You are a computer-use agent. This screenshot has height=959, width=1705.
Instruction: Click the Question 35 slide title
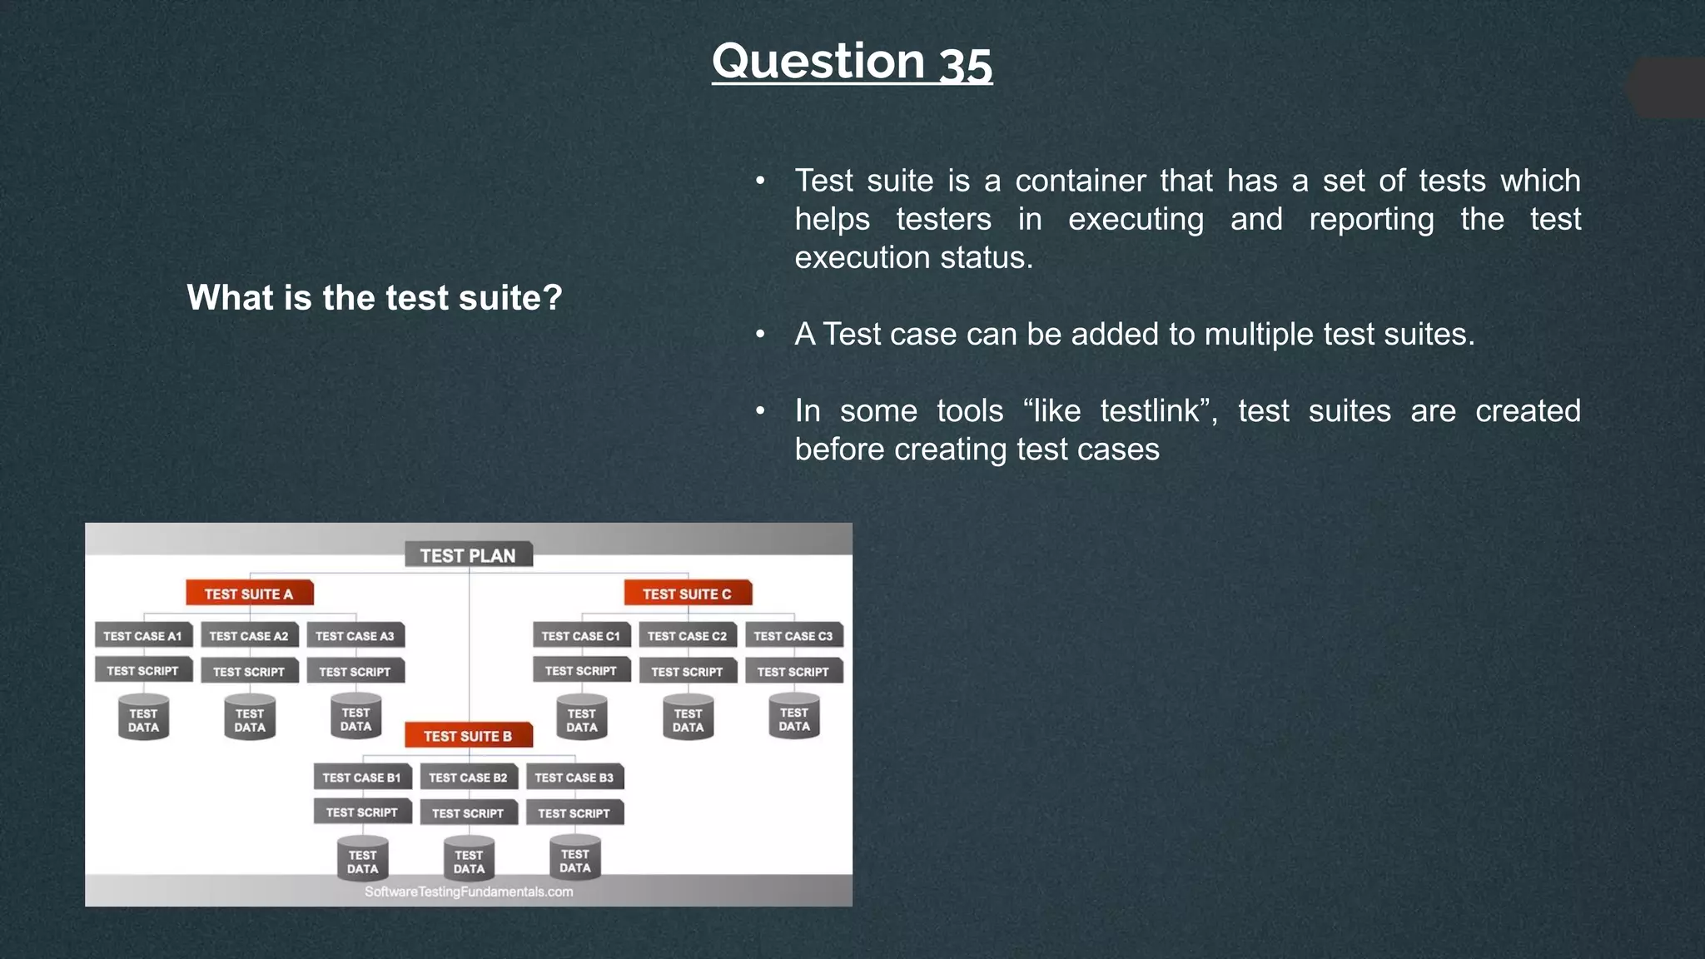[x=852, y=62]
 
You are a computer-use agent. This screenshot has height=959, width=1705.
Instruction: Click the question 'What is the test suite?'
[x=374, y=297]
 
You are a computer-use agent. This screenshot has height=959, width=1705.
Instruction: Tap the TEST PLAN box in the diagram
[x=468, y=555]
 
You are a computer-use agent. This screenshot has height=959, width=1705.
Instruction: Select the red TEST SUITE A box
[x=249, y=594]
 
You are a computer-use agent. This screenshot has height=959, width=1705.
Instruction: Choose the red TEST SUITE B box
[x=468, y=736]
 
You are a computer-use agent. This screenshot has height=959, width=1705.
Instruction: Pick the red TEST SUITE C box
[x=687, y=594]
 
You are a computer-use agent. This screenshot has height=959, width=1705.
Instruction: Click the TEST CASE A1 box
[x=142, y=636]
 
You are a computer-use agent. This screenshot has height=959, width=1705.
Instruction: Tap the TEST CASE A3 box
[x=355, y=636]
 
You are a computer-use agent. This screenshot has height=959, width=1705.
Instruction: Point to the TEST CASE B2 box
[x=468, y=778]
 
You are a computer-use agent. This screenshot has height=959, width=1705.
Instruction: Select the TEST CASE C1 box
[x=580, y=636]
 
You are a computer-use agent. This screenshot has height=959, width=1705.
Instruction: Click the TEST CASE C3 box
[x=793, y=636]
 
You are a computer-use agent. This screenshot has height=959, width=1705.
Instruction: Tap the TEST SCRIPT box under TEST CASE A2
[x=249, y=672]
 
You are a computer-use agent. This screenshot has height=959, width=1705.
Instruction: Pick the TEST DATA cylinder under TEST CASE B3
[x=574, y=860]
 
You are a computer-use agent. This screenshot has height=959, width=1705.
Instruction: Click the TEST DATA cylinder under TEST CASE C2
[x=688, y=719]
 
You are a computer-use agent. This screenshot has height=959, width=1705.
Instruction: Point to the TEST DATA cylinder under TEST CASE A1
[x=143, y=719]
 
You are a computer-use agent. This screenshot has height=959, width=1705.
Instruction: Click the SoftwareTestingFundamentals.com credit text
[x=469, y=892]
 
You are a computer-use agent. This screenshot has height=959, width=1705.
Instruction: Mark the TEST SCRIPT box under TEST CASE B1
[x=361, y=812]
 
